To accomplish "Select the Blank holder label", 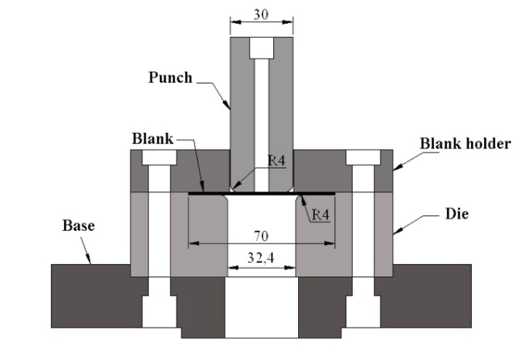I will coord(465,144).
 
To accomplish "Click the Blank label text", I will coord(151,139).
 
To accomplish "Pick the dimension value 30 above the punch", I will coord(262,14).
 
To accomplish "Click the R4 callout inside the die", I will coord(322,215).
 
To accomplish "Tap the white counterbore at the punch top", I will coord(262,47).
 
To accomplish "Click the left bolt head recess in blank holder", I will coord(158,157).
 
